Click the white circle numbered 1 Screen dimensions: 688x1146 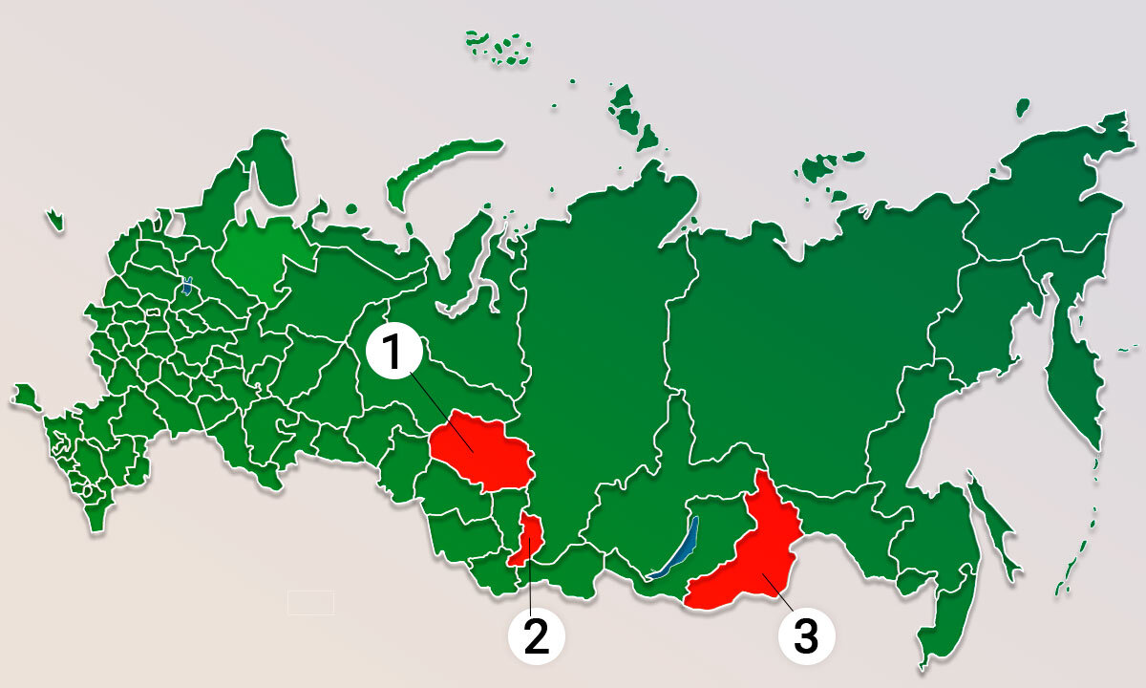click(x=393, y=353)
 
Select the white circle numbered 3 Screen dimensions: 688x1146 click(x=807, y=634)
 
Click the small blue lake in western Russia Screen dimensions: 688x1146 click(x=187, y=285)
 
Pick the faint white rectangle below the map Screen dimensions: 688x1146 click(x=310, y=602)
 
